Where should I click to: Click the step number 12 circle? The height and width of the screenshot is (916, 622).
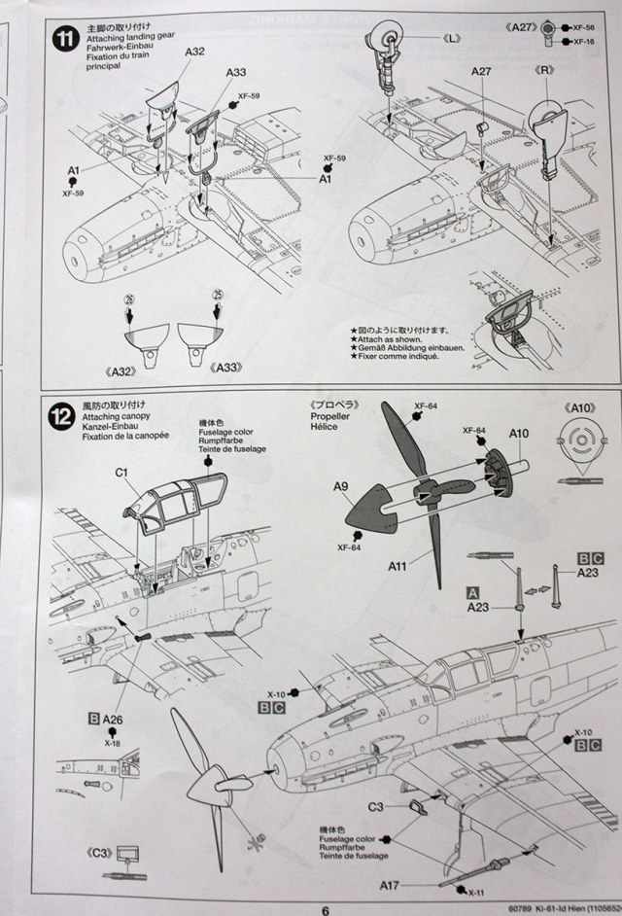[63, 416]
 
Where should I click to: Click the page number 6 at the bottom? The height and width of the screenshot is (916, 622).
[327, 909]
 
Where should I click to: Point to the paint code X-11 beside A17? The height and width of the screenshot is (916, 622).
[474, 892]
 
